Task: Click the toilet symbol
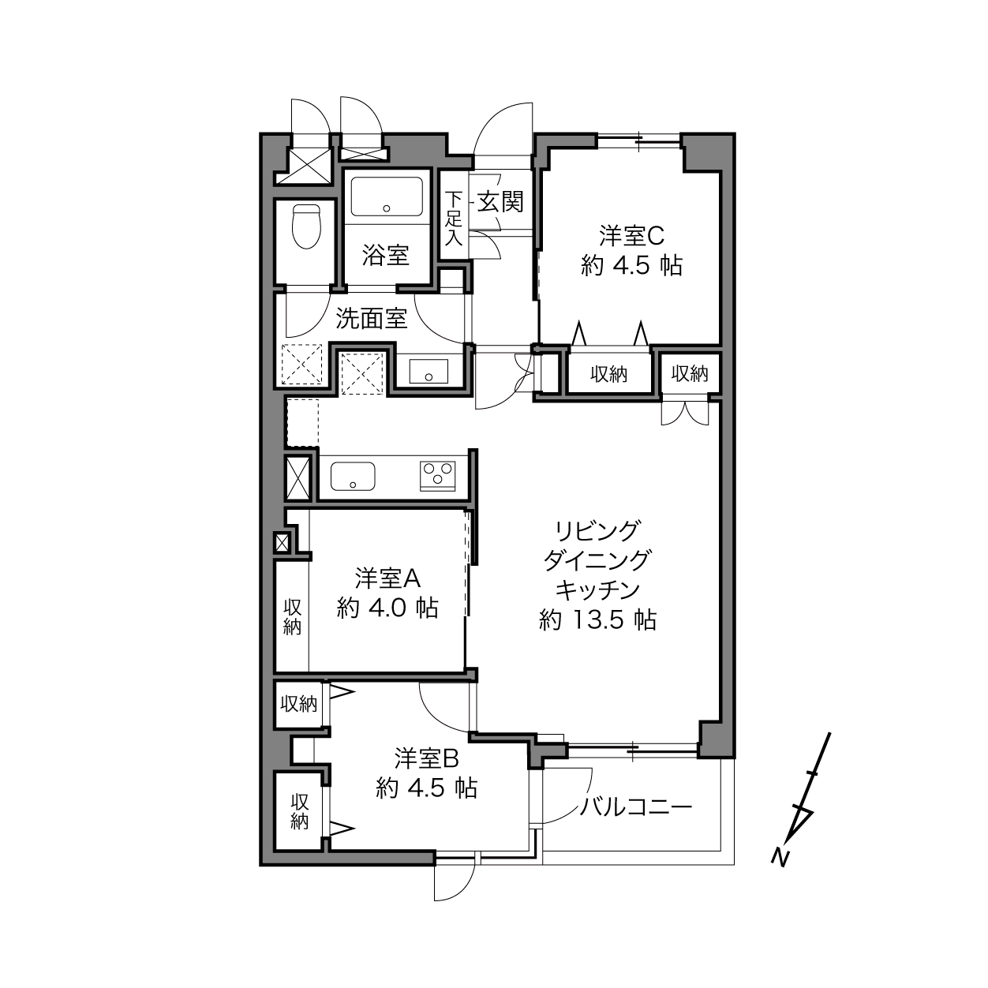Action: [x=305, y=226]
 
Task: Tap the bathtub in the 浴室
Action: [x=387, y=196]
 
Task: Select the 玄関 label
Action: [x=500, y=201]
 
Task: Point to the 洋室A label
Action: [x=387, y=579]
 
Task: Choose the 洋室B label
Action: [x=427, y=758]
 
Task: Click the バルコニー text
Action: [x=636, y=808]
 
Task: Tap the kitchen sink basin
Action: [x=353, y=476]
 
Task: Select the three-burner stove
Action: [x=437, y=476]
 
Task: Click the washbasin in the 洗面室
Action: [x=429, y=371]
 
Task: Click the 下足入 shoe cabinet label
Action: [x=453, y=219]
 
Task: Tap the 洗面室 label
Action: [x=371, y=319]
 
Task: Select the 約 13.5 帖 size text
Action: [x=597, y=621]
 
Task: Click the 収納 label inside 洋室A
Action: [x=292, y=617]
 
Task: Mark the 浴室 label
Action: [x=386, y=255]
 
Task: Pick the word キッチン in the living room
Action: [x=598, y=590]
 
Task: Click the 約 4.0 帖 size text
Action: [x=387, y=608]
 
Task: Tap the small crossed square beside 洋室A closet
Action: [x=282, y=542]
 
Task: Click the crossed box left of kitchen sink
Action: [x=298, y=478]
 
